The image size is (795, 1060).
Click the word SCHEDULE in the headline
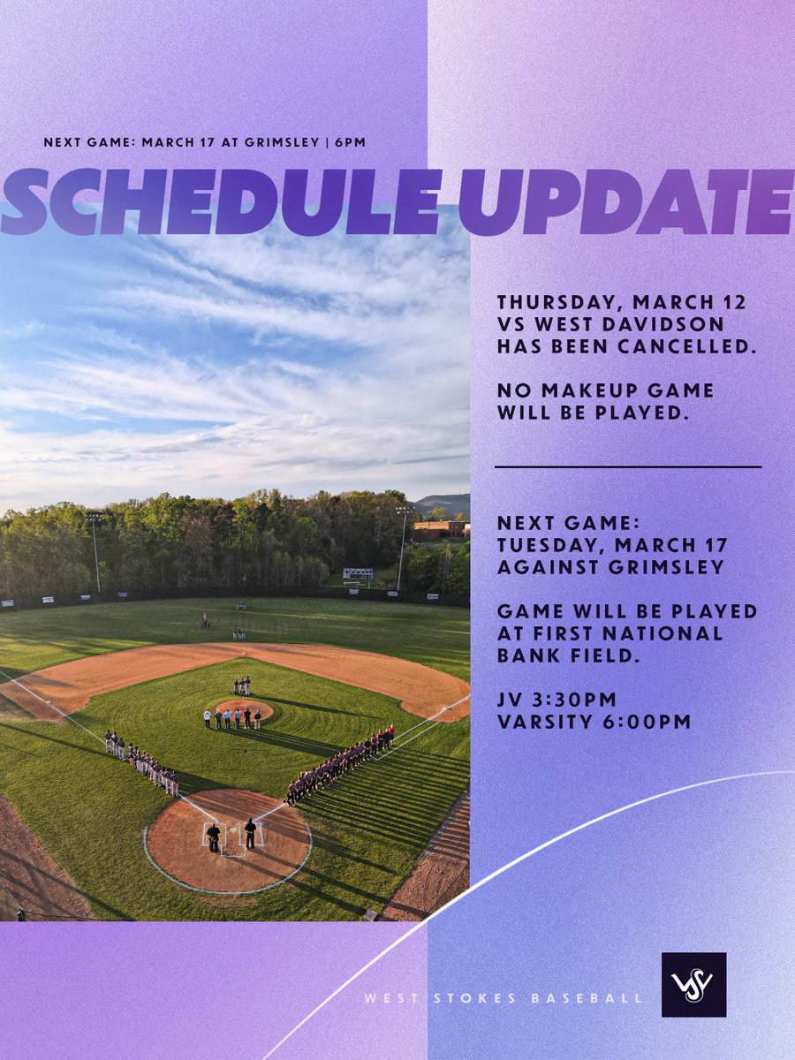tap(221, 202)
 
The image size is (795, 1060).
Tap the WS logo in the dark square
tap(693, 984)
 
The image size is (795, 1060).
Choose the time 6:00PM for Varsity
tap(649, 722)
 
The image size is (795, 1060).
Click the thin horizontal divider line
tap(627, 466)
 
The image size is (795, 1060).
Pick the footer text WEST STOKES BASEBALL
tap(504, 998)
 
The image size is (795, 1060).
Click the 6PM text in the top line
tap(350, 141)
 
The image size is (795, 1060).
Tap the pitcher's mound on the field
tap(243, 709)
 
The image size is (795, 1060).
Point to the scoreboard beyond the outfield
tap(357, 574)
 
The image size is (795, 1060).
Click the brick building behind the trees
tap(439, 530)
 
